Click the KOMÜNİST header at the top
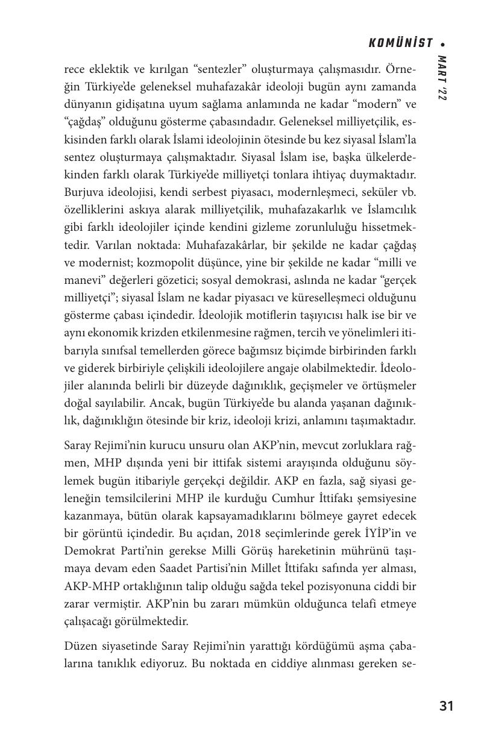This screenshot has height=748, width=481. [400, 43]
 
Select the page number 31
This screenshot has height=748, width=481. [446, 706]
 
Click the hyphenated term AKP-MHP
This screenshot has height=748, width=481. [94, 586]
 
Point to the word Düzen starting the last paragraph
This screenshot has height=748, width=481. [80, 647]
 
